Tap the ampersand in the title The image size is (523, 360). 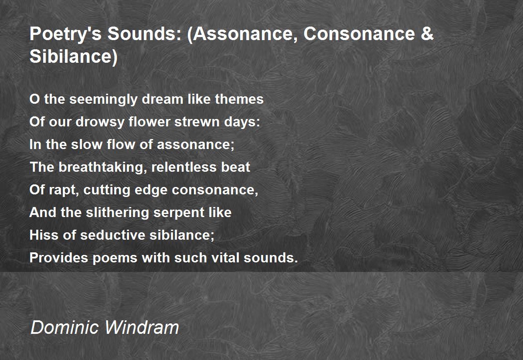coord(427,34)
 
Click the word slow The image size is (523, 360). coord(86,144)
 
